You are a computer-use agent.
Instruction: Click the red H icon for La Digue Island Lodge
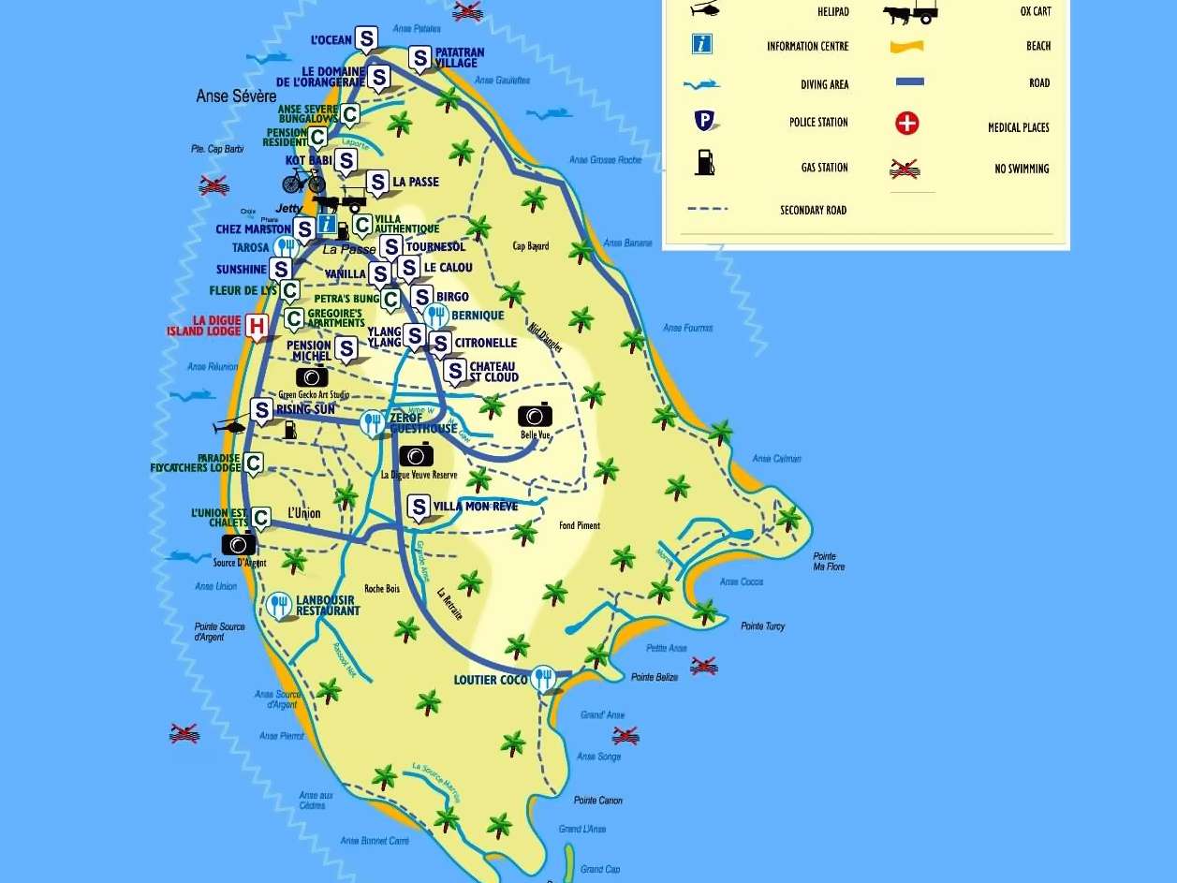click(256, 327)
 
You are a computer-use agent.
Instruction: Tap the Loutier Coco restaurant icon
click(543, 679)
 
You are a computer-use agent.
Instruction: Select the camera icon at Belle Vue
click(535, 415)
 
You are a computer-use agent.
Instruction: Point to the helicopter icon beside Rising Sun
click(230, 427)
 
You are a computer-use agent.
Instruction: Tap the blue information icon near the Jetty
click(327, 224)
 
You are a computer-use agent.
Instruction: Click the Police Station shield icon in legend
click(704, 121)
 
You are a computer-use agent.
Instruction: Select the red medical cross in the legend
click(906, 124)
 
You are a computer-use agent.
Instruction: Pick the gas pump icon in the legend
click(704, 163)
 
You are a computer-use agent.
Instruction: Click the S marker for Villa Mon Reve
click(419, 508)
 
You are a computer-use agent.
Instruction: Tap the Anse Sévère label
click(236, 96)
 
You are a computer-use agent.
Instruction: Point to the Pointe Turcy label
click(762, 626)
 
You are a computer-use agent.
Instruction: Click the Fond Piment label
click(580, 526)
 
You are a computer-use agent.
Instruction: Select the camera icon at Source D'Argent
click(239, 544)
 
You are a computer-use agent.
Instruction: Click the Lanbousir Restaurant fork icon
click(278, 605)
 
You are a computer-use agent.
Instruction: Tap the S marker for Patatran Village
click(420, 59)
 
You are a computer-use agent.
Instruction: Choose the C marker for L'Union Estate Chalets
click(261, 517)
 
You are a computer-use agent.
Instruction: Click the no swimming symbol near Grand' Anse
click(625, 735)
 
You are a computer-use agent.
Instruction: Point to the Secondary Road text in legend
click(813, 211)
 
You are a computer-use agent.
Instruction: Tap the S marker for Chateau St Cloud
click(455, 372)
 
